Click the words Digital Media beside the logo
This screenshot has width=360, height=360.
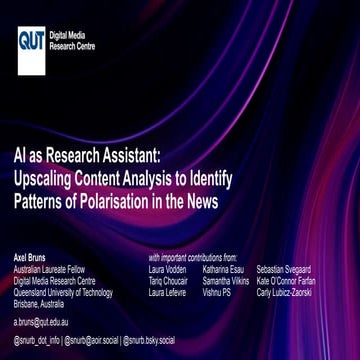[x=67, y=34]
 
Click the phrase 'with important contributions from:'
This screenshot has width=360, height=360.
[x=195, y=244]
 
